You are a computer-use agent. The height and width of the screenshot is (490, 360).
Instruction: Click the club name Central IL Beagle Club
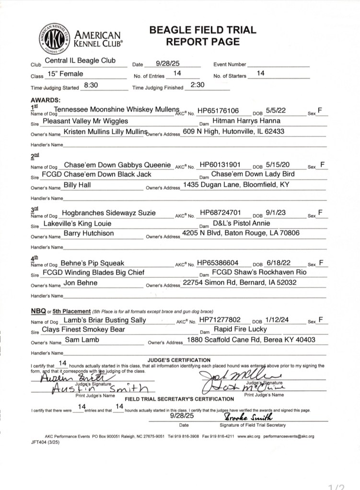click(x=80, y=61)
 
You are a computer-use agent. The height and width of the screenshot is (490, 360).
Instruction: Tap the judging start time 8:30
click(x=91, y=85)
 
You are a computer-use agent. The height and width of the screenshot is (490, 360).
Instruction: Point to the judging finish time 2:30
click(x=197, y=85)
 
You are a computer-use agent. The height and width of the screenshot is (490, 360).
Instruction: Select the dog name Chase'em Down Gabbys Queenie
click(x=117, y=165)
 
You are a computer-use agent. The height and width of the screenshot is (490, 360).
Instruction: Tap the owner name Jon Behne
click(x=81, y=283)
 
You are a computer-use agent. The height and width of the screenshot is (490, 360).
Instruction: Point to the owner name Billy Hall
click(x=77, y=185)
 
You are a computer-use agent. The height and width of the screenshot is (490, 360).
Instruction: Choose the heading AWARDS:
click(x=46, y=100)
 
